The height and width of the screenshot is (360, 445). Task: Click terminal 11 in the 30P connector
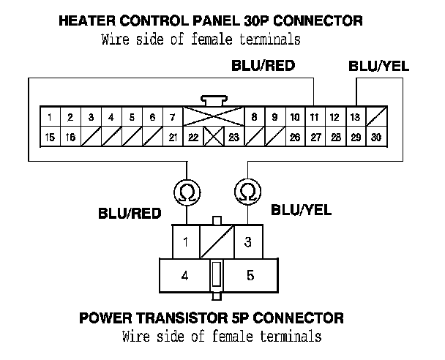(313, 117)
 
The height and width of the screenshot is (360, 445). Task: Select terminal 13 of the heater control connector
(355, 117)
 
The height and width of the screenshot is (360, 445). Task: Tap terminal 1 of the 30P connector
(49, 117)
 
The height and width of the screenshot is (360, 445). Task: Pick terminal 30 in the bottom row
(375, 137)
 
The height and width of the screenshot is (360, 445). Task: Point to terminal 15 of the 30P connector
(49, 137)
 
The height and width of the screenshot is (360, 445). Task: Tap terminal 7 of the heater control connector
(171, 117)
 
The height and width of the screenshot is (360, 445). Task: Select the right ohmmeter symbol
(248, 192)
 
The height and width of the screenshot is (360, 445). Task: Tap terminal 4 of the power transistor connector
(184, 276)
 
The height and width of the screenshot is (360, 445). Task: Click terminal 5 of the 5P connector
(250, 276)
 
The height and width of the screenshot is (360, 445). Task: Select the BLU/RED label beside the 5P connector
(130, 214)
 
